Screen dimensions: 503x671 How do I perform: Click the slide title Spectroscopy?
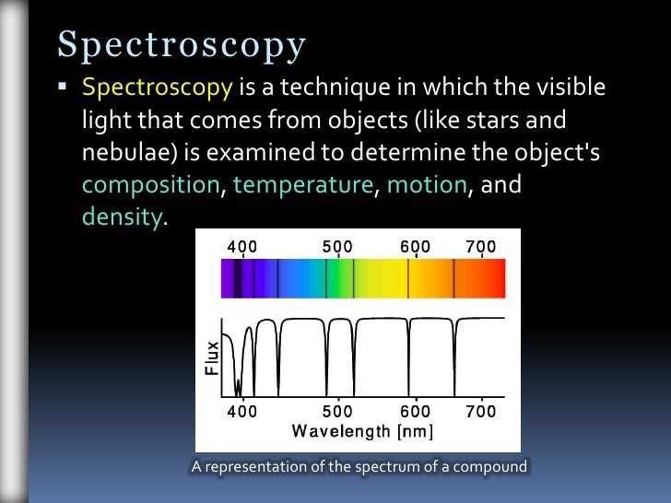tap(182, 43)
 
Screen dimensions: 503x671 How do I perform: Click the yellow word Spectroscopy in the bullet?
tap(157, 88)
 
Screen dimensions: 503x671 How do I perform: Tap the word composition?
tap(150, 184)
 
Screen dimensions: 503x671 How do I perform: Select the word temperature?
tap(303, 184)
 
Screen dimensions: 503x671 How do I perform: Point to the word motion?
tap(427, 184)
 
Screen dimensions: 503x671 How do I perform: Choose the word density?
tap(122, 217)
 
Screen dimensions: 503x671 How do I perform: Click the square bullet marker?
tap(63, 88)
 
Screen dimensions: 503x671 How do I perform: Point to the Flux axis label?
tap(212, 357)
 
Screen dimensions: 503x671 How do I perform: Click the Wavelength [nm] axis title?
tap(362, 431)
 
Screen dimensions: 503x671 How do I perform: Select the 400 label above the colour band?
tap(242, 247)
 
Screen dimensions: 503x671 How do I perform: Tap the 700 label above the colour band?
tap(480, 247)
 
